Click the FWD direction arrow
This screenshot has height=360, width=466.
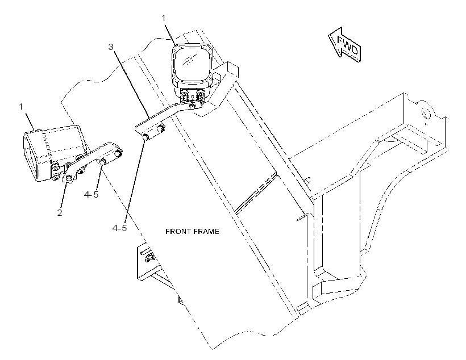pyautogui.click(x=345, y=45)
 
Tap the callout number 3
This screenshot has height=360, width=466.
pyautogui.click(x=111, y=47)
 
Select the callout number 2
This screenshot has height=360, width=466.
pyautogui.click(x=60, y=212)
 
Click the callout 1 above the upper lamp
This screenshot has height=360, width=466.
pyautogui.click(x=164, y=18)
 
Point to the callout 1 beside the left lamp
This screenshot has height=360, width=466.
pyautogui.click(x=21, y=106)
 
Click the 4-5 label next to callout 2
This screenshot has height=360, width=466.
pyautogui.click(x=91, y=195)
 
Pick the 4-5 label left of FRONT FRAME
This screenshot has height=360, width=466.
pyautogui.click(x=119, y=228)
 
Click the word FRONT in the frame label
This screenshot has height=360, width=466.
pyautogui.click(x=177, y=231)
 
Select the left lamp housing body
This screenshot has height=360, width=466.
pyautogui.click(x=53, y=152)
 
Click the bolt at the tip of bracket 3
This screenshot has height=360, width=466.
pyautogui.click(x=146, y=137)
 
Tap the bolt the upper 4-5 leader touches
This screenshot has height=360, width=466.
pyautogui.click(x=103, y=162)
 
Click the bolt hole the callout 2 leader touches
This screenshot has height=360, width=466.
pyautogui.click(x=69, y=178)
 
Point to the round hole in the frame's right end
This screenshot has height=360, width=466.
pyautogui.click(x=426, y=113)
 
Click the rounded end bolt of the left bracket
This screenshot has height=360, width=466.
pyautogui.click(x=118, y=153)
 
